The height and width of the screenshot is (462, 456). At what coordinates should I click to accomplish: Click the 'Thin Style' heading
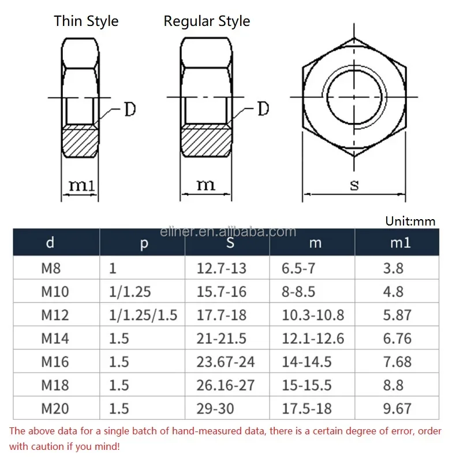[86, 21]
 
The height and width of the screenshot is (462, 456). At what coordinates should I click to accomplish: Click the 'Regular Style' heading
[207, 21]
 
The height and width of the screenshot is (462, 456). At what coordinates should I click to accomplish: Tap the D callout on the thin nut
[130, 109]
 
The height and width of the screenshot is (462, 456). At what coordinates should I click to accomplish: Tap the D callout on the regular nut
[263, 108]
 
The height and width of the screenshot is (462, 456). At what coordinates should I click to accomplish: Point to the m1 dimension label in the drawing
[82, 186]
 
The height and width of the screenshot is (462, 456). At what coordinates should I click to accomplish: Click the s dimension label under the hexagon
[354, 186]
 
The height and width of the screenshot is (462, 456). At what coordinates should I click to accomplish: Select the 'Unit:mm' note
[410, 221]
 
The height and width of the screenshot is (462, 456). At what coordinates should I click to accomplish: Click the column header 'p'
[144, 243]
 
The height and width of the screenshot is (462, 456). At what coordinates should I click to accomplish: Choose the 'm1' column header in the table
[400, 243]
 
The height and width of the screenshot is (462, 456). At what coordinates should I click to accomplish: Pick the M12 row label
[55, 315]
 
